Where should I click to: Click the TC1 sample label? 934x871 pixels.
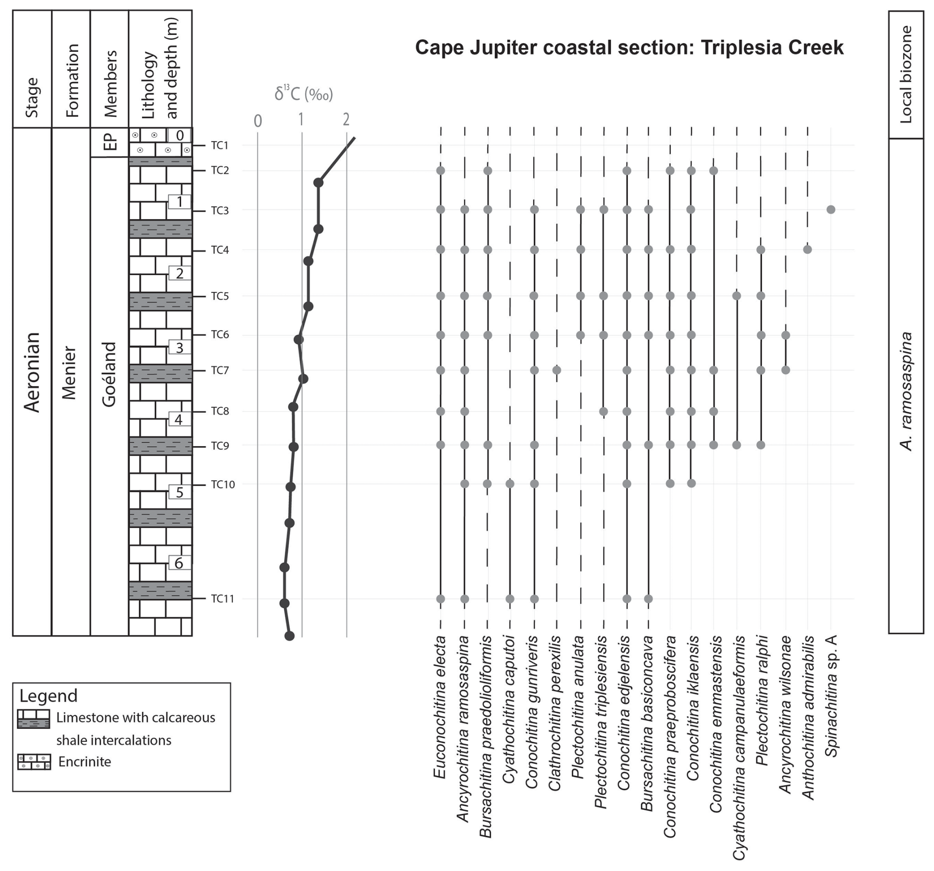pos(220,145)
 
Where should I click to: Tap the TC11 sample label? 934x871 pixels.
pos(222,599)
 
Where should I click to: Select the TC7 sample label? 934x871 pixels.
pos(220,370)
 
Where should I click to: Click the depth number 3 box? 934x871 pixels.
pos(179,348)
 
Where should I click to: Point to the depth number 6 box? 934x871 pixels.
pos(179,563)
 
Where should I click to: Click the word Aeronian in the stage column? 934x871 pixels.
pos(32,372)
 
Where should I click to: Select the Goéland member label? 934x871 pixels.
pos(109,374)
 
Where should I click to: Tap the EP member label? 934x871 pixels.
pos(110,142)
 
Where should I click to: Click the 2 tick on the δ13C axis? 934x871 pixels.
pos(346,119)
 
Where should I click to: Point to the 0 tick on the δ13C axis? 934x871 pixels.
pos(258,121)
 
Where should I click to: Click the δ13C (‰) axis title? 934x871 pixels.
pos(304,94)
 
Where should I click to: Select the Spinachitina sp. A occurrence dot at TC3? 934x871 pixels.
pos(831,210)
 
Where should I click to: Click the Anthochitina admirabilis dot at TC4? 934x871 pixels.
pos(808,250)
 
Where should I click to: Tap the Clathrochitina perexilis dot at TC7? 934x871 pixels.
pos(557,370)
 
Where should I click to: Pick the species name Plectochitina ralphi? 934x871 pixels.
pos(761,700)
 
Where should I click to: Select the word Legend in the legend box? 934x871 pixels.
pos(48,696)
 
